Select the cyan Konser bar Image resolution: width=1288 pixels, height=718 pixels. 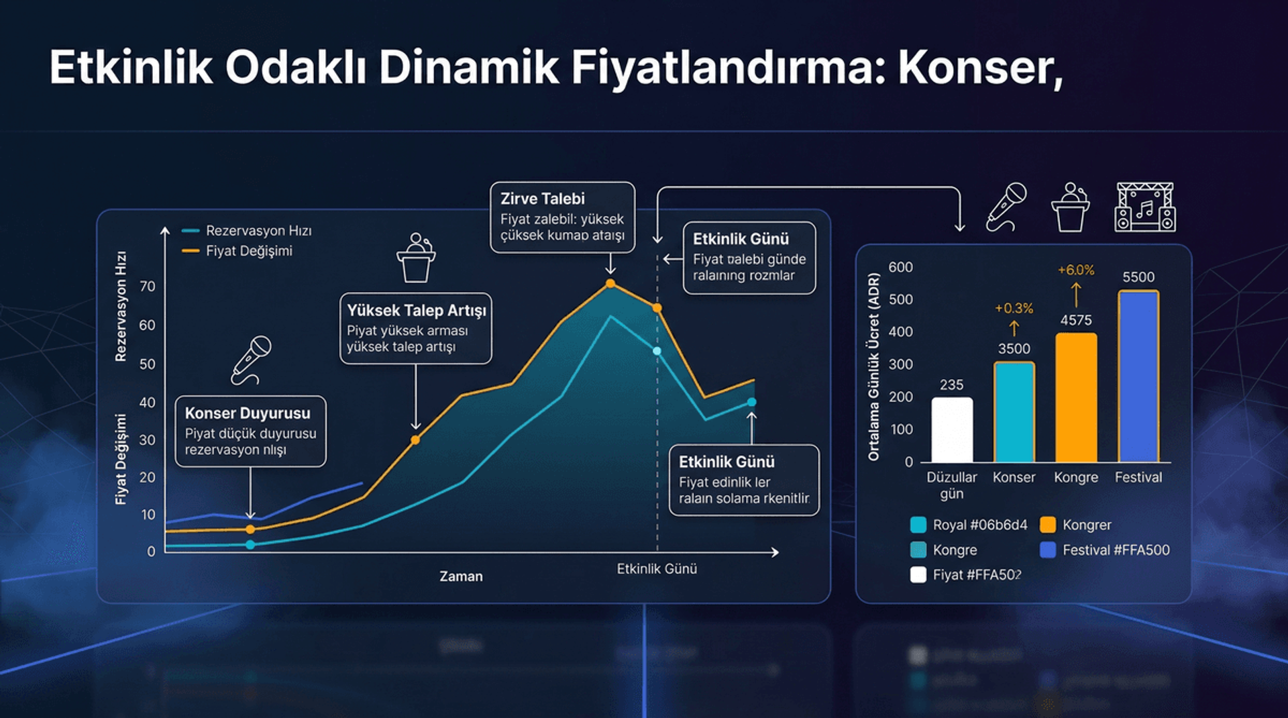tap(1014, 412)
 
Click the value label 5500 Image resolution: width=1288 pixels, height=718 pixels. tap(1138, 277)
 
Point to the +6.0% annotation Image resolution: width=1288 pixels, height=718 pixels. tap(1076, 270)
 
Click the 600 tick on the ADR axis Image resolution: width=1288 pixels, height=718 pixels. tap(900, 267)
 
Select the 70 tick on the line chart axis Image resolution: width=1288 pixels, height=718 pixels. tap(148, 287)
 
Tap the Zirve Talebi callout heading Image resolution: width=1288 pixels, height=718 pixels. tap(543, 199)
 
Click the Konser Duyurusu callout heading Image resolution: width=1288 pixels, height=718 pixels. tap(248, 413)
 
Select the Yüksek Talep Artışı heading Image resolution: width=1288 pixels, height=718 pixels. tap(416, 311)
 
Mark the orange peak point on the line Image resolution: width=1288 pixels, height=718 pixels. tap(610, 284)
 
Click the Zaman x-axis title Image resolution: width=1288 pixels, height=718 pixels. tap(461, 576)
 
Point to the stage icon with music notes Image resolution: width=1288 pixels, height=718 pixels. tap(1144, 207)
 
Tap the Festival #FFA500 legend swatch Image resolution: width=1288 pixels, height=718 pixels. tap(1047, 550)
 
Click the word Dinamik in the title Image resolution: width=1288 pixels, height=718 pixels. tap(468, 67)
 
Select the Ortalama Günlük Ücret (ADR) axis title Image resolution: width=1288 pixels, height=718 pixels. tap(873, 366)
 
